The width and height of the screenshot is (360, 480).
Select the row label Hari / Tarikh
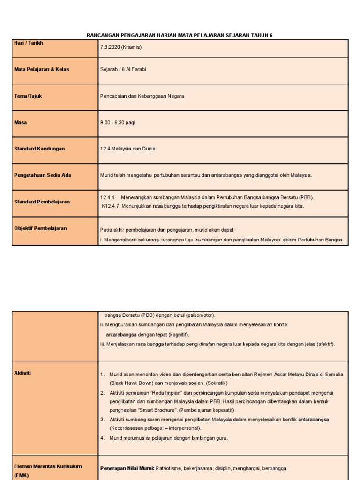(29, 43)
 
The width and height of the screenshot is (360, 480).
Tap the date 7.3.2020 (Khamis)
(121, 47)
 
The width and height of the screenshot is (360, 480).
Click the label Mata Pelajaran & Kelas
(42, 69)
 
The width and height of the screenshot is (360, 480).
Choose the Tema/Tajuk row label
(28, 96)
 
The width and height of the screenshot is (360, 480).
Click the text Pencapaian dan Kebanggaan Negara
(142, 96)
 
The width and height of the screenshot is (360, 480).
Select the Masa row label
(21, 122)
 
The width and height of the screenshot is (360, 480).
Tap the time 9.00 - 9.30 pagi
(117, 122)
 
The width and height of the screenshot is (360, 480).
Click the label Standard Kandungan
(39, 149)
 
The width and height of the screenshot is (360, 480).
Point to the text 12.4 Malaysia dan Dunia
(127, 149)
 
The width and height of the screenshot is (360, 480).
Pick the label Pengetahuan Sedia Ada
(42, 175)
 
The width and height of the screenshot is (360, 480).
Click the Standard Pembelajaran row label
(42, 202)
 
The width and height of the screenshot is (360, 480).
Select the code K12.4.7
(110, 206)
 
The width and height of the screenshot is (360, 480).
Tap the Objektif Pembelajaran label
(40, 228)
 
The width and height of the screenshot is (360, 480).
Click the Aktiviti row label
(23, 373)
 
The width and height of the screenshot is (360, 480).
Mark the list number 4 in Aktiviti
(102, 438)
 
